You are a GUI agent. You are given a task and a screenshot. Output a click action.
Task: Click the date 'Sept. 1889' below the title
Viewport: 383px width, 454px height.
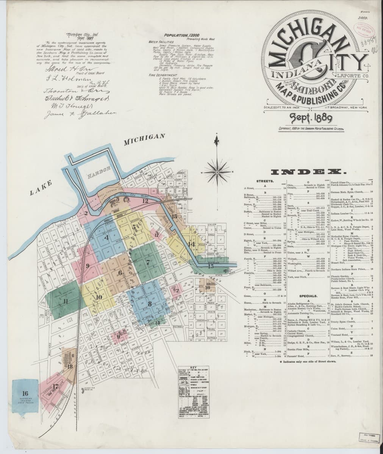coord(311,118)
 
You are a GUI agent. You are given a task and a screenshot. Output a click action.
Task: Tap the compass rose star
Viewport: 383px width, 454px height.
coord(217,172)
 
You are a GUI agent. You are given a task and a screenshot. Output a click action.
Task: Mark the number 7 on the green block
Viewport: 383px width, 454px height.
coord(148,261)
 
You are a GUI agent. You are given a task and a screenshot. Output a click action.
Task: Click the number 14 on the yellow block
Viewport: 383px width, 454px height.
coord(192,244)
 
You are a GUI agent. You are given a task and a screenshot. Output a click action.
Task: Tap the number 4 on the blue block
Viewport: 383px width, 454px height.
coord(107,238)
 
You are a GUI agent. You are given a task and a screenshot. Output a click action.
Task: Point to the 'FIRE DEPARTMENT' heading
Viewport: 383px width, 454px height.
coord(163,75)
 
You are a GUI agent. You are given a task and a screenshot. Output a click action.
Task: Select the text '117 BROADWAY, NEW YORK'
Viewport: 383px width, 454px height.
coord(345,108)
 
